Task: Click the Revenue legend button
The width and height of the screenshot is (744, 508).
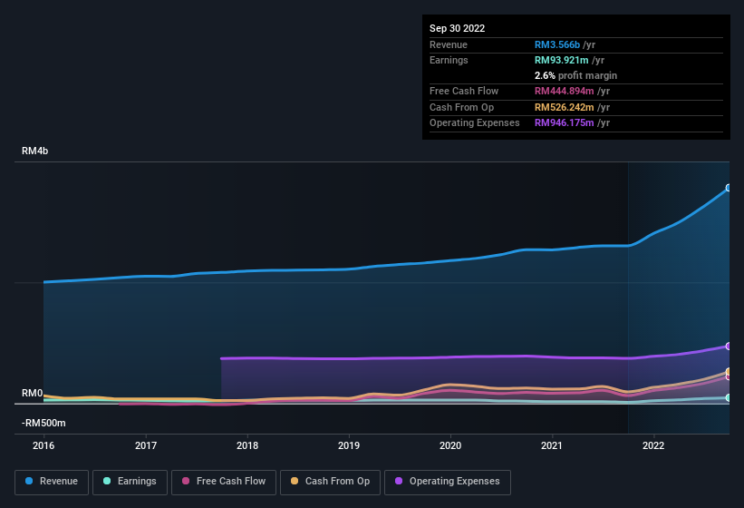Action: tap(52, 482)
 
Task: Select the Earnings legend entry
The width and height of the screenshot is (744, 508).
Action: tap(130, 482)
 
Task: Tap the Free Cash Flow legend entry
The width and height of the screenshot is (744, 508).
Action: tap(223, 482)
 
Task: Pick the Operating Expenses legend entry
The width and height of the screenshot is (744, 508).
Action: tap(448, 482)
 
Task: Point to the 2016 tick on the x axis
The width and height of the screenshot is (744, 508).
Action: tap(43, 445)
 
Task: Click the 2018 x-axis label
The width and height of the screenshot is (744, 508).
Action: tap(247, 445)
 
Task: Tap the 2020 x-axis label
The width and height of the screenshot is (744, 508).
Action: tap(450, 445)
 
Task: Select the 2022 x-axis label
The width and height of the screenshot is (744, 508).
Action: tap(653, 445)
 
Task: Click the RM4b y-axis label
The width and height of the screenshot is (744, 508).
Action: tap(34, 151)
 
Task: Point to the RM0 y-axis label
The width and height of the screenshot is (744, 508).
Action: tap(33, 393)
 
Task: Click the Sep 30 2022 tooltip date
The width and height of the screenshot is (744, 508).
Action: tap(457, 28)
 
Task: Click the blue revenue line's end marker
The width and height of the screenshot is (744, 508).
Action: tap(728, 189)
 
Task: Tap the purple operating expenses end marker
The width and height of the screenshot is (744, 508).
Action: tap(728, 347)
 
